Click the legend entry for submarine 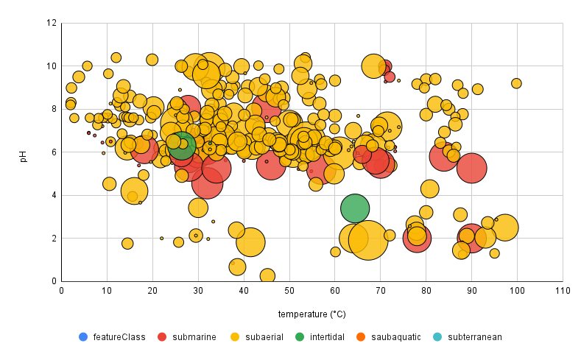point(194,337)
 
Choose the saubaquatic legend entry point(394,337)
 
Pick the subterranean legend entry point(474,337)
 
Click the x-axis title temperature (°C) point(311,314)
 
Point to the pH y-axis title point(23,152)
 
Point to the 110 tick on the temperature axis point(562,292)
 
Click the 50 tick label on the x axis point(289,292)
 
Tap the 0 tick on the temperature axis point(62,292)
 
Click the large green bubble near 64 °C point(354,208)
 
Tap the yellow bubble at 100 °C point(516,83)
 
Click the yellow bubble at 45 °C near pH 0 point(267,275)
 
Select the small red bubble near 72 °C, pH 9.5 point(390,77)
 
